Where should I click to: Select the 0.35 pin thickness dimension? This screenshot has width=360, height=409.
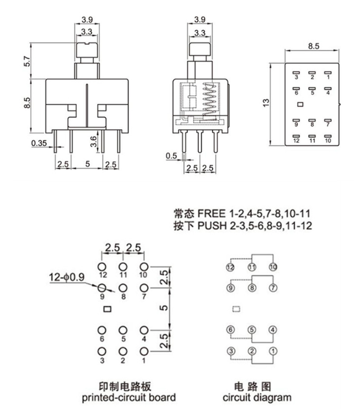[39, 143]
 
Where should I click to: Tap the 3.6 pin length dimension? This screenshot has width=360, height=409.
[93, 140]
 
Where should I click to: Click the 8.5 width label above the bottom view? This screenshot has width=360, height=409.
[313, 46]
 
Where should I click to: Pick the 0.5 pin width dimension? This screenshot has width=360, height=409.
[171, 156]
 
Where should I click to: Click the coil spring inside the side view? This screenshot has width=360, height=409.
[209, 99]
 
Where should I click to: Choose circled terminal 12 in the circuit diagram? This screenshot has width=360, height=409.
[231, 267]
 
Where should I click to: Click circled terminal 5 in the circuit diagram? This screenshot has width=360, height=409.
[251, 330]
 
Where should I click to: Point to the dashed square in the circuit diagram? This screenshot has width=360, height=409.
[236, 309]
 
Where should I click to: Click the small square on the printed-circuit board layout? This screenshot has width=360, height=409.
[107, 308]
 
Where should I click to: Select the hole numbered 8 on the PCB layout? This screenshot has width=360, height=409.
[123, 288]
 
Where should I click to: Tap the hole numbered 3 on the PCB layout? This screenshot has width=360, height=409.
[102, 352]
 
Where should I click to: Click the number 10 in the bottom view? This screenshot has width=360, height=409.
[328, 141]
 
